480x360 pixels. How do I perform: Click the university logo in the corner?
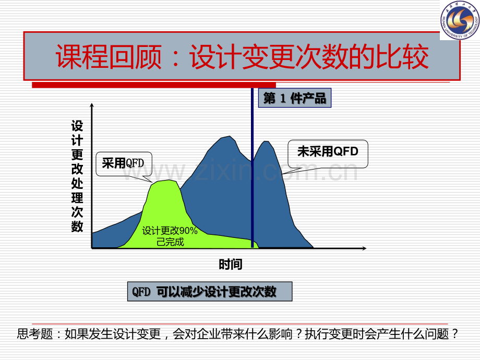click(460, 20)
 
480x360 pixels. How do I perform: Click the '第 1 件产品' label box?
click(294, 98)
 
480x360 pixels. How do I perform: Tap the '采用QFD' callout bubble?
click(124, 164)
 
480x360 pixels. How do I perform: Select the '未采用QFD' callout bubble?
click(328, 154)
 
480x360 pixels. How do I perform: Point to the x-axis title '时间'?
click(231, 264)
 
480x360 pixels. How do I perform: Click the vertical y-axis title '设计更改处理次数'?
click(77, 176)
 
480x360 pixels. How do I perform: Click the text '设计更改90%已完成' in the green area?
click(170, 236)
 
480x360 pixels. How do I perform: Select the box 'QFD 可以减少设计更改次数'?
click(210, 292)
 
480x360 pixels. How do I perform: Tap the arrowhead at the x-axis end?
click(364, 248)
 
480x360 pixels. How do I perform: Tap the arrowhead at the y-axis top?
click(91, 105)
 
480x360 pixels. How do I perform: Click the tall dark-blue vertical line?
click(252, 168)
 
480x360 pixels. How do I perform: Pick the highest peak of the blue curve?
click(230, 136)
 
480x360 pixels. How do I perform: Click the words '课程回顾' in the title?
click(109, 57)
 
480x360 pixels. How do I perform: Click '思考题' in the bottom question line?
click(35, 334)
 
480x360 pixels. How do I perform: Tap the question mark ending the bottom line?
click(455, 334)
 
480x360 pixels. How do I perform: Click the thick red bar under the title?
click(154, 85)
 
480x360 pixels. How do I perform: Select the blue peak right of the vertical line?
click(266, 142)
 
